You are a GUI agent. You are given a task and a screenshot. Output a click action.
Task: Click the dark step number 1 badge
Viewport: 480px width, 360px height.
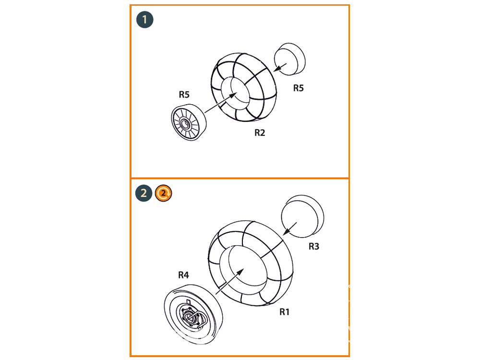tap(145, 20)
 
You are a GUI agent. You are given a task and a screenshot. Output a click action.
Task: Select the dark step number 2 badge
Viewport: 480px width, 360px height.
tap(144, 193)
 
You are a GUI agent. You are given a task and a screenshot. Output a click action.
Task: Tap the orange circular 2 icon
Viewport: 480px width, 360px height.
tap(164, 193)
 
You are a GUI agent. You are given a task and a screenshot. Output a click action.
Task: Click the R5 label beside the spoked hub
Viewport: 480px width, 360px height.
tap(184, 95)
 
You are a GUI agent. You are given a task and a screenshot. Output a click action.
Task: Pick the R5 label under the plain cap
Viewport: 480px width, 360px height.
tap(299, 88)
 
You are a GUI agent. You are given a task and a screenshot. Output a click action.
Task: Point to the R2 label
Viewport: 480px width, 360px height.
tap(260, 132)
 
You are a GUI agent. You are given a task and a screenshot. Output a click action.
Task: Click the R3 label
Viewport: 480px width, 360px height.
tap(314, 246)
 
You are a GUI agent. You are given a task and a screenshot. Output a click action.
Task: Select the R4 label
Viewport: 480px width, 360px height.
tap(183, 275)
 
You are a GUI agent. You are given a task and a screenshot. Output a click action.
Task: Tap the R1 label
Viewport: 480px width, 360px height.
tap(284, 312)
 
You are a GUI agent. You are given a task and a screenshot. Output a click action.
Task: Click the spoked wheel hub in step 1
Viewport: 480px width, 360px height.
tap(188, 122)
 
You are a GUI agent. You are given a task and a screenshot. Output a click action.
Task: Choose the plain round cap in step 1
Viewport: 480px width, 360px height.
tap(289, 59)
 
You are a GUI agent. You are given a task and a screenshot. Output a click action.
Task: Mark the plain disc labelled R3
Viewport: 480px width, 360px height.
tap(302, 216)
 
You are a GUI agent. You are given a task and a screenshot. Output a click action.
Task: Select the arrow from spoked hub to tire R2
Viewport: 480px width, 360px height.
tap(221, 102)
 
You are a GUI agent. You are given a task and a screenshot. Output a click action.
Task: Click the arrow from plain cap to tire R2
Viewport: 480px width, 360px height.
tap(280, 68)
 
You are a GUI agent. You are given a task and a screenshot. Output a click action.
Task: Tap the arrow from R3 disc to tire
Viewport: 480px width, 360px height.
tap(289, 228)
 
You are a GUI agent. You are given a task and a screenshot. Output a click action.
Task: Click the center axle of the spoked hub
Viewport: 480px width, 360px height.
tap(185, 124)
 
